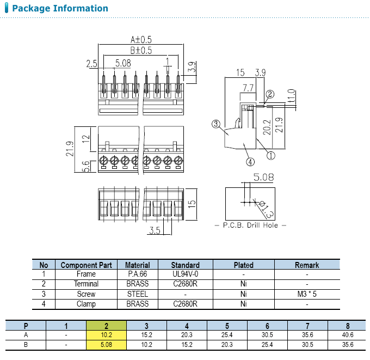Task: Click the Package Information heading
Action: click(60, 8)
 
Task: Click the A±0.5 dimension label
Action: click(140, 39)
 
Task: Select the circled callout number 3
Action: click(216, 124)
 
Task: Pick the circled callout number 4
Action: click(250, 161)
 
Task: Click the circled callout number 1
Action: click(270, 155)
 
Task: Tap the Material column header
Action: click(137, 265)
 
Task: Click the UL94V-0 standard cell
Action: click(185, 274)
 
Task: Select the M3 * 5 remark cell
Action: click(307, 294)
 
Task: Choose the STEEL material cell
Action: click(137, 294)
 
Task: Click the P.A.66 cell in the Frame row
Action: click(137, 274)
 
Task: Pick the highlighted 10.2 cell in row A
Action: click(106, 335)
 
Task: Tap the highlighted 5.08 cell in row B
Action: click(106, 345)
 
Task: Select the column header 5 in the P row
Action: click(227, 326)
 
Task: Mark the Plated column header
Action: click(243, 265)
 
